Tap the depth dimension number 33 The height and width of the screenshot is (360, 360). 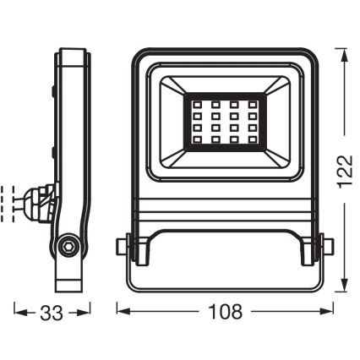[52, 313]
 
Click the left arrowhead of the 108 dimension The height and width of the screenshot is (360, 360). [121, 313]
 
